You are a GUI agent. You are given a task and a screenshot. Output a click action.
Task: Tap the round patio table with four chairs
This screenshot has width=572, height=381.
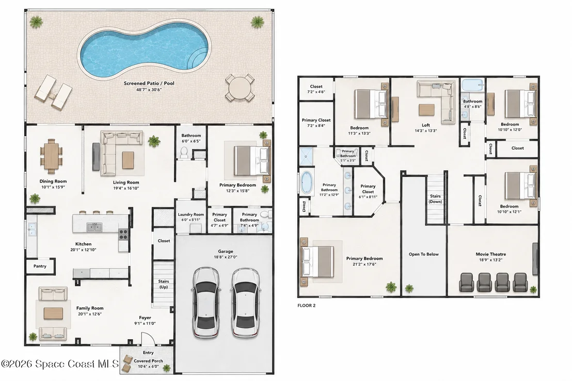[240, 88]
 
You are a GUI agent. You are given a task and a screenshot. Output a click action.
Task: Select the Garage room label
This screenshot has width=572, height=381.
[226, 251]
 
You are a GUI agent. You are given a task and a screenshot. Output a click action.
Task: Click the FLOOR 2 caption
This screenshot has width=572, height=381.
[307, 306]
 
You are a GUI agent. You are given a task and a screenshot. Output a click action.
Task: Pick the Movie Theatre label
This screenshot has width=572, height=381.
[490, 254]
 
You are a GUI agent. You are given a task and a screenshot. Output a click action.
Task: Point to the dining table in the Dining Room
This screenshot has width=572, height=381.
[52, 156]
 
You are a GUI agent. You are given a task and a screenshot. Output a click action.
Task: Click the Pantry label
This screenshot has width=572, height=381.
[40, 266]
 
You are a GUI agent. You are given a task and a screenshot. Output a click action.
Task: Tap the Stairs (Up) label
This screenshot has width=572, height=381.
[164, 284]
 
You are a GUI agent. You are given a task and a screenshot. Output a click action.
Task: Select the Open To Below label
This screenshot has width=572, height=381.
[423, 254]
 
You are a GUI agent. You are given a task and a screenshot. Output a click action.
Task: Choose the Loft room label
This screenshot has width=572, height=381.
[426, 125]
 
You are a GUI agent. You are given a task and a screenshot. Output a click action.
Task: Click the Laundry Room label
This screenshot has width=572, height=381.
[191, 214]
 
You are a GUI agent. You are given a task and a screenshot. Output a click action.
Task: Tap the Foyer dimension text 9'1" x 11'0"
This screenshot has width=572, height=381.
[145, 323]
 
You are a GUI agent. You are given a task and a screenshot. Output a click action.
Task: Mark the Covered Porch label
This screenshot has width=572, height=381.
[148, 361]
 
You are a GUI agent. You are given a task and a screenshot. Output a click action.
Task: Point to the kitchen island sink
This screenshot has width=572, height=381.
[94, 227]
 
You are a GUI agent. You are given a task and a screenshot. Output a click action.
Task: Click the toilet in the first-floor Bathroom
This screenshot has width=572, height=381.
[183, 153]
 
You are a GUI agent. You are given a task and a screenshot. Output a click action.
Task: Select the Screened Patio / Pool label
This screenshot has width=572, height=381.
[149, 84]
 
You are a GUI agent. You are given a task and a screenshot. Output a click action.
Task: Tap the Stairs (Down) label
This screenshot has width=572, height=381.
[435, 199]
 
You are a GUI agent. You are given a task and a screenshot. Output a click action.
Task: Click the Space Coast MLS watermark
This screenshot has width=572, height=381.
[60, 364]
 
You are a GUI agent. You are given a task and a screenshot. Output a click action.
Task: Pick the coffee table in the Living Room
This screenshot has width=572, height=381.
[128, 160]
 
